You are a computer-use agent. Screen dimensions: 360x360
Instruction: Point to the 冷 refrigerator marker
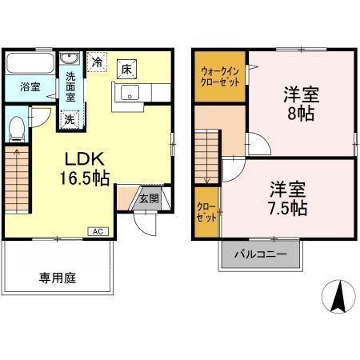point(97,62)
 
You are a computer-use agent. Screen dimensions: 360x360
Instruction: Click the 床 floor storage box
point(126,68)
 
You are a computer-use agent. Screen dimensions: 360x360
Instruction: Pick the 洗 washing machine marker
point(70,118)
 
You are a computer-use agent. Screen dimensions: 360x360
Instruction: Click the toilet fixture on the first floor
point(18,129)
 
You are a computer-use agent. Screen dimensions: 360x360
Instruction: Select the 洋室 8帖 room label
point(301,102)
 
